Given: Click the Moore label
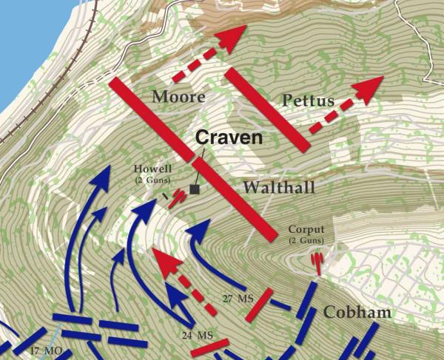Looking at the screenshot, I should (178, 97).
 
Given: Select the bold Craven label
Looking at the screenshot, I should (229, 137).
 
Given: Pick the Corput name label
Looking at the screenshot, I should (306, 230).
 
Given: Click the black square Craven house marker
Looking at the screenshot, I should (195, 190).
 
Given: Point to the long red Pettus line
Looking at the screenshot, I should (266, 111).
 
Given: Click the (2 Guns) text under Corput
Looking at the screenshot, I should (306, 241).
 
